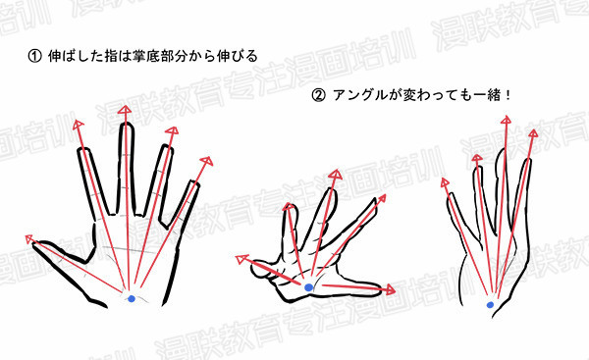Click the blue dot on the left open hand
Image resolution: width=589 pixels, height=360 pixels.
[132, 299]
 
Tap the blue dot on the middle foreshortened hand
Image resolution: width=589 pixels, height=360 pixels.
[308, 287]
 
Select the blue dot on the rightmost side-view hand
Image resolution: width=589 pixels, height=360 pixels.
[490, 305]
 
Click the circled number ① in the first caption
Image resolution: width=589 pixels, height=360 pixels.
[35, 56]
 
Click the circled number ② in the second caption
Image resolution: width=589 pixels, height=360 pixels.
[318, 96]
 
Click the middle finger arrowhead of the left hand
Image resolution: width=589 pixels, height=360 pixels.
[125, 110]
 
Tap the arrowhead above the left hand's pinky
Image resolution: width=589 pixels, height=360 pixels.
[206, 161]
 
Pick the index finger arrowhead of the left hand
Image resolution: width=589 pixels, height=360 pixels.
[79, 125]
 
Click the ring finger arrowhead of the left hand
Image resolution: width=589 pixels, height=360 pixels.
[172, 130]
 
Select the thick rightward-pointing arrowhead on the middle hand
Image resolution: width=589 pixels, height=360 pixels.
[390, 289]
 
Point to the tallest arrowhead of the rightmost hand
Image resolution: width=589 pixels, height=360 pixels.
[506, 120]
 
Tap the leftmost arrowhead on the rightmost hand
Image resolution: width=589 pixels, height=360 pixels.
[445, 182]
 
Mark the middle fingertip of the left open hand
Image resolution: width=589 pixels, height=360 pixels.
[126, 125]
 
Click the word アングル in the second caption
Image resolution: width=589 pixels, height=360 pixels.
[360, 96]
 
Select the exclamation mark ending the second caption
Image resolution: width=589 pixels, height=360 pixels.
[508, 96]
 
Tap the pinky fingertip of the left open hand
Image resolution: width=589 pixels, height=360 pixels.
[194, 184]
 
